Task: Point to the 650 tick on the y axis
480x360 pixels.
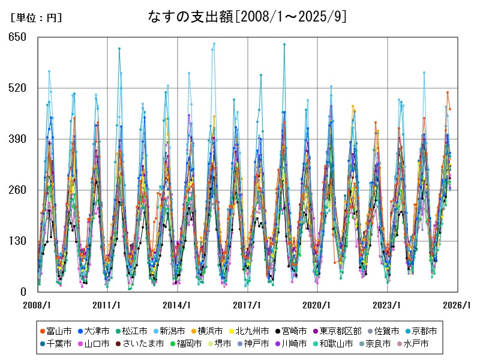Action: pyautogui.click(x=18, y=37)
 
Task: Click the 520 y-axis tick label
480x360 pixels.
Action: pyautogui.click(x=18, y=88)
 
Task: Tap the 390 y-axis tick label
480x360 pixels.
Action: pyautogui.click(x=18, y=139)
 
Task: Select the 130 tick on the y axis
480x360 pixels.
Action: pyautogui.click(x=18, y=241)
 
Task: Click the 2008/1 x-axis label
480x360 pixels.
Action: pyautogui.click(x=37, y=305)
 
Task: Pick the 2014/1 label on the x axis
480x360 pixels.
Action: pyautogui.click(x=178, y=305)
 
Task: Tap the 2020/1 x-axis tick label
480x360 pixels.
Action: pyautogui.click(x=318, y=305)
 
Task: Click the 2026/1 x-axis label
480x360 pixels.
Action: pyautogui.click(x=458, y=305)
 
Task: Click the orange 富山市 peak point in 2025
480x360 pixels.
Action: pyautogui.click(x=447, y=92)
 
